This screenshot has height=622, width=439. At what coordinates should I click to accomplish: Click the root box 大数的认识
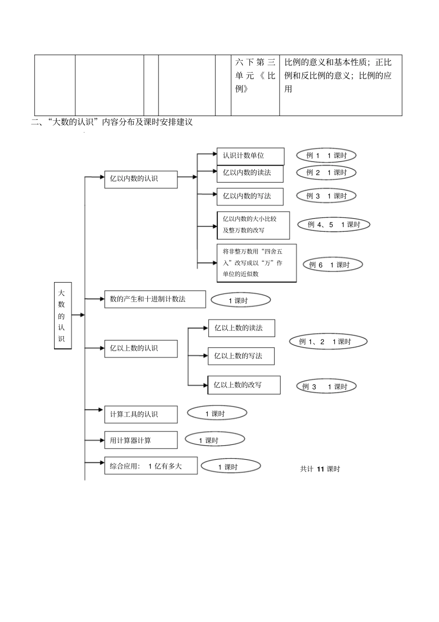click(63, 315)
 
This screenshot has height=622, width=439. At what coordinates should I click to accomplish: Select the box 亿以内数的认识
click(141, 179)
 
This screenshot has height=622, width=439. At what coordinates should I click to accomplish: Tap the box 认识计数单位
click(250, 156)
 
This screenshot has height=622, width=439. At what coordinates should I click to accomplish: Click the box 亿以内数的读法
click(250, 173)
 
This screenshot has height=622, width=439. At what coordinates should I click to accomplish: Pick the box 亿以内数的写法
click(250, 196)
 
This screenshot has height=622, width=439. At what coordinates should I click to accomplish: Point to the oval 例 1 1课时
click(326, 156)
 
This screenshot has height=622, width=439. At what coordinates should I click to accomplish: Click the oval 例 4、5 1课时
click(333, 225)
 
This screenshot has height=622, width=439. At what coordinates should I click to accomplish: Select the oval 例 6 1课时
click(333, 265)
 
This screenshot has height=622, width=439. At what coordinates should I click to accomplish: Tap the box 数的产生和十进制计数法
click(155, 299)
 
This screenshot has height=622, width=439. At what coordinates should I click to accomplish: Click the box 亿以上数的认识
click(141, 348)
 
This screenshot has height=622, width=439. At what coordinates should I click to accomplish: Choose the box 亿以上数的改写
click(244, 385)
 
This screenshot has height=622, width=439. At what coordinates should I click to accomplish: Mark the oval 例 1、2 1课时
click(328, 342)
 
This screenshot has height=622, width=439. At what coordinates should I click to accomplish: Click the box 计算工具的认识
click(141, 414)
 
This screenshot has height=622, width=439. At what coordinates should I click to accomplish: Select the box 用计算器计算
click(141, 440)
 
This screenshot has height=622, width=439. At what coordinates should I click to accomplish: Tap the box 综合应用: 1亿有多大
click(151, 466)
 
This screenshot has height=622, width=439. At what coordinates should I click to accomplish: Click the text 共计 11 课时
click(320, 469)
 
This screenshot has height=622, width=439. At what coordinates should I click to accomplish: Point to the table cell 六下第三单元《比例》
click(255, 75)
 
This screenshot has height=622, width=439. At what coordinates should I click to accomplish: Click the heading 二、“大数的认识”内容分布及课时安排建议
click(111, 122)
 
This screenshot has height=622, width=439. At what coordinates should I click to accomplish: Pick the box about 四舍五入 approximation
click(256, 263)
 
